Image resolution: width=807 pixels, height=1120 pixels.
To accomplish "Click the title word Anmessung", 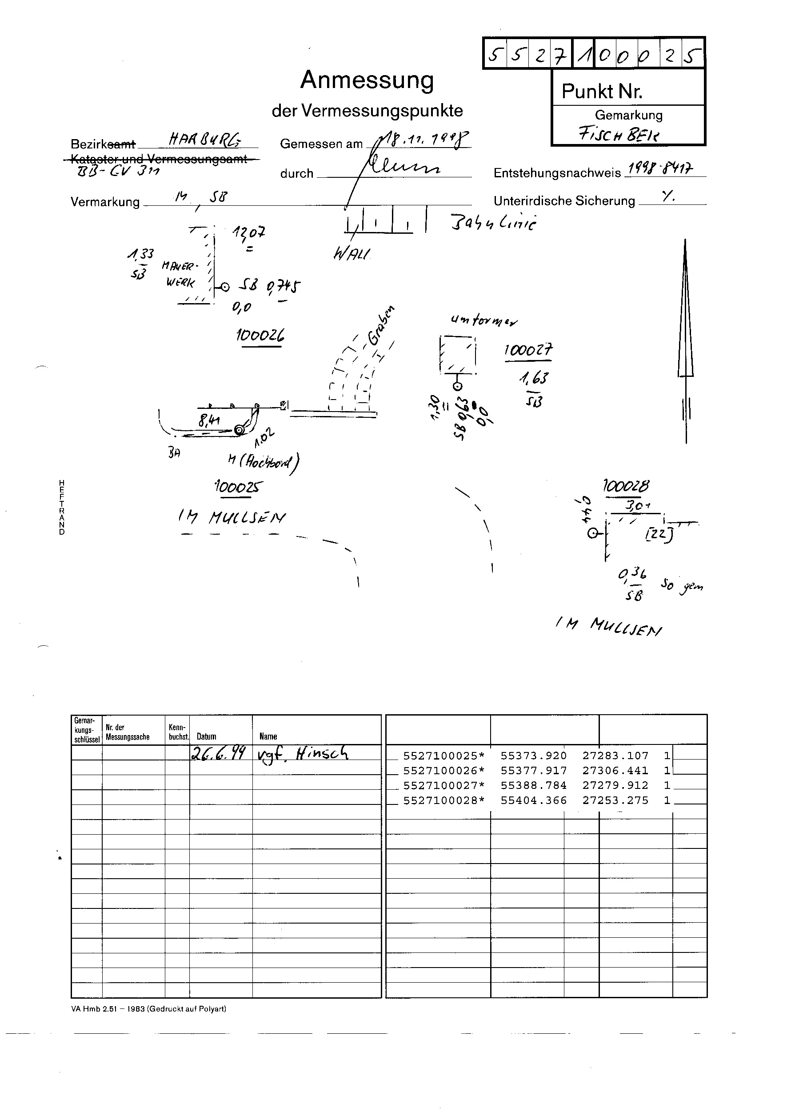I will pyautogui.click(x=367, y=80).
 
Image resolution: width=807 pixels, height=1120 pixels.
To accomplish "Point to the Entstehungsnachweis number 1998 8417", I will pyautogui.click(x=659, y=170).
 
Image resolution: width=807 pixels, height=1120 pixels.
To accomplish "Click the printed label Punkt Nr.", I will pyautogui.click(x=602, y=92).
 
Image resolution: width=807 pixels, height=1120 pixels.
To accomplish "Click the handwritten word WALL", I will pyautogui.click(x=352, y=254).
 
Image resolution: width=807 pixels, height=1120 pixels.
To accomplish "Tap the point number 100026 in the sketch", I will pyautogui.click(x=260, y=336).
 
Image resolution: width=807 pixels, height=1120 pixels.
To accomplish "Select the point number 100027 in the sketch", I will pyautogui.click(x=528, y=350).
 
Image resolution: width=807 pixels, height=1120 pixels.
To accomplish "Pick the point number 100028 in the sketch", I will pyautogui.click(x=626, y=486).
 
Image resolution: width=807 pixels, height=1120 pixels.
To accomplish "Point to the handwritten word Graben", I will pyautogui.click(x=381, y=326).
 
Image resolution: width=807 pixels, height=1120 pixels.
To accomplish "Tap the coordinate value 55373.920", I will pyautogui.click(x=533, y=756).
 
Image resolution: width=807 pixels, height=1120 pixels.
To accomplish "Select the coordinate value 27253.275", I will pyautogui.click(x=615, y=800).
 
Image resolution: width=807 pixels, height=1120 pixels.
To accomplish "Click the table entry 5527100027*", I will pyautogui.click(x=443, y=785).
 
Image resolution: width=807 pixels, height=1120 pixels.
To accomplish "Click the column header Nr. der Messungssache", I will pyautogui.click(x=128, y=732).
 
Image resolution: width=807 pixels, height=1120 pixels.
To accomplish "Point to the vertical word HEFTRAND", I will pyautogui.click(x=62, y=507).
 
